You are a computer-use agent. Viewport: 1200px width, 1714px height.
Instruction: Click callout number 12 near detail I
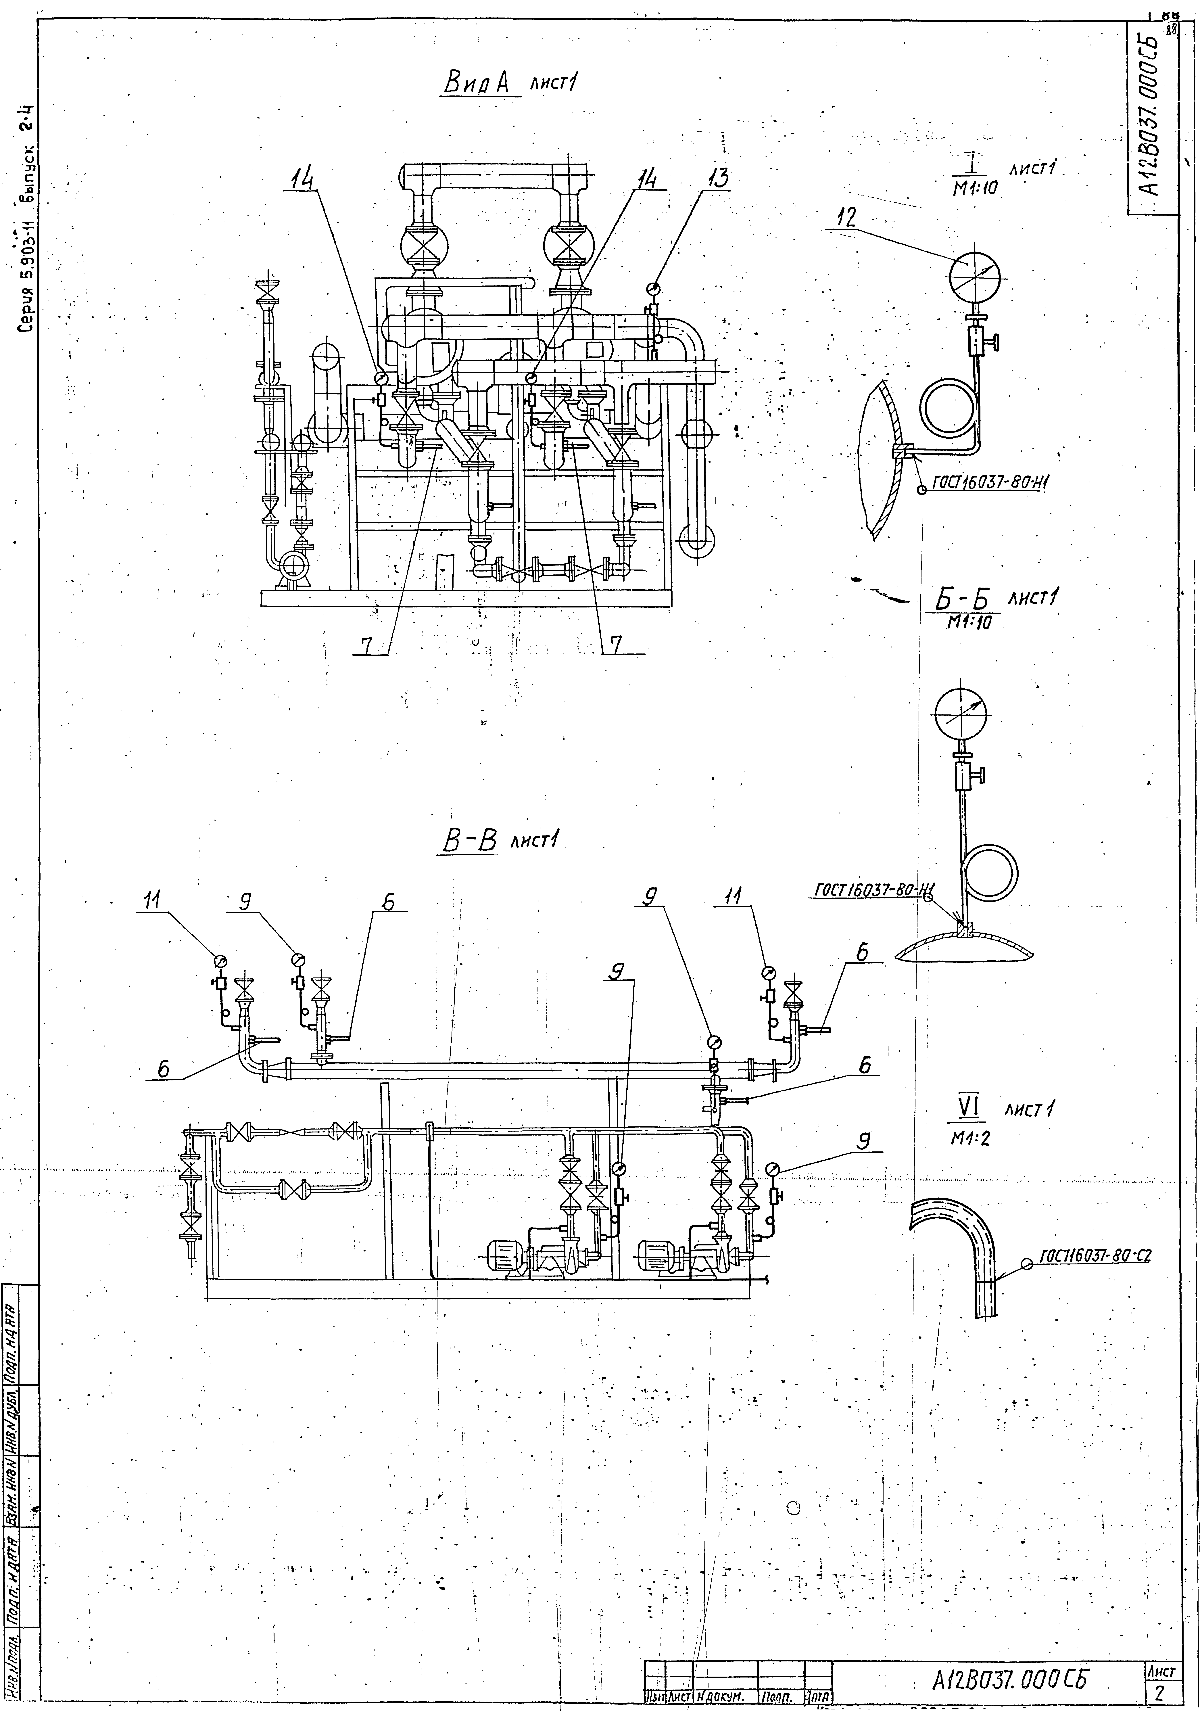847,218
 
